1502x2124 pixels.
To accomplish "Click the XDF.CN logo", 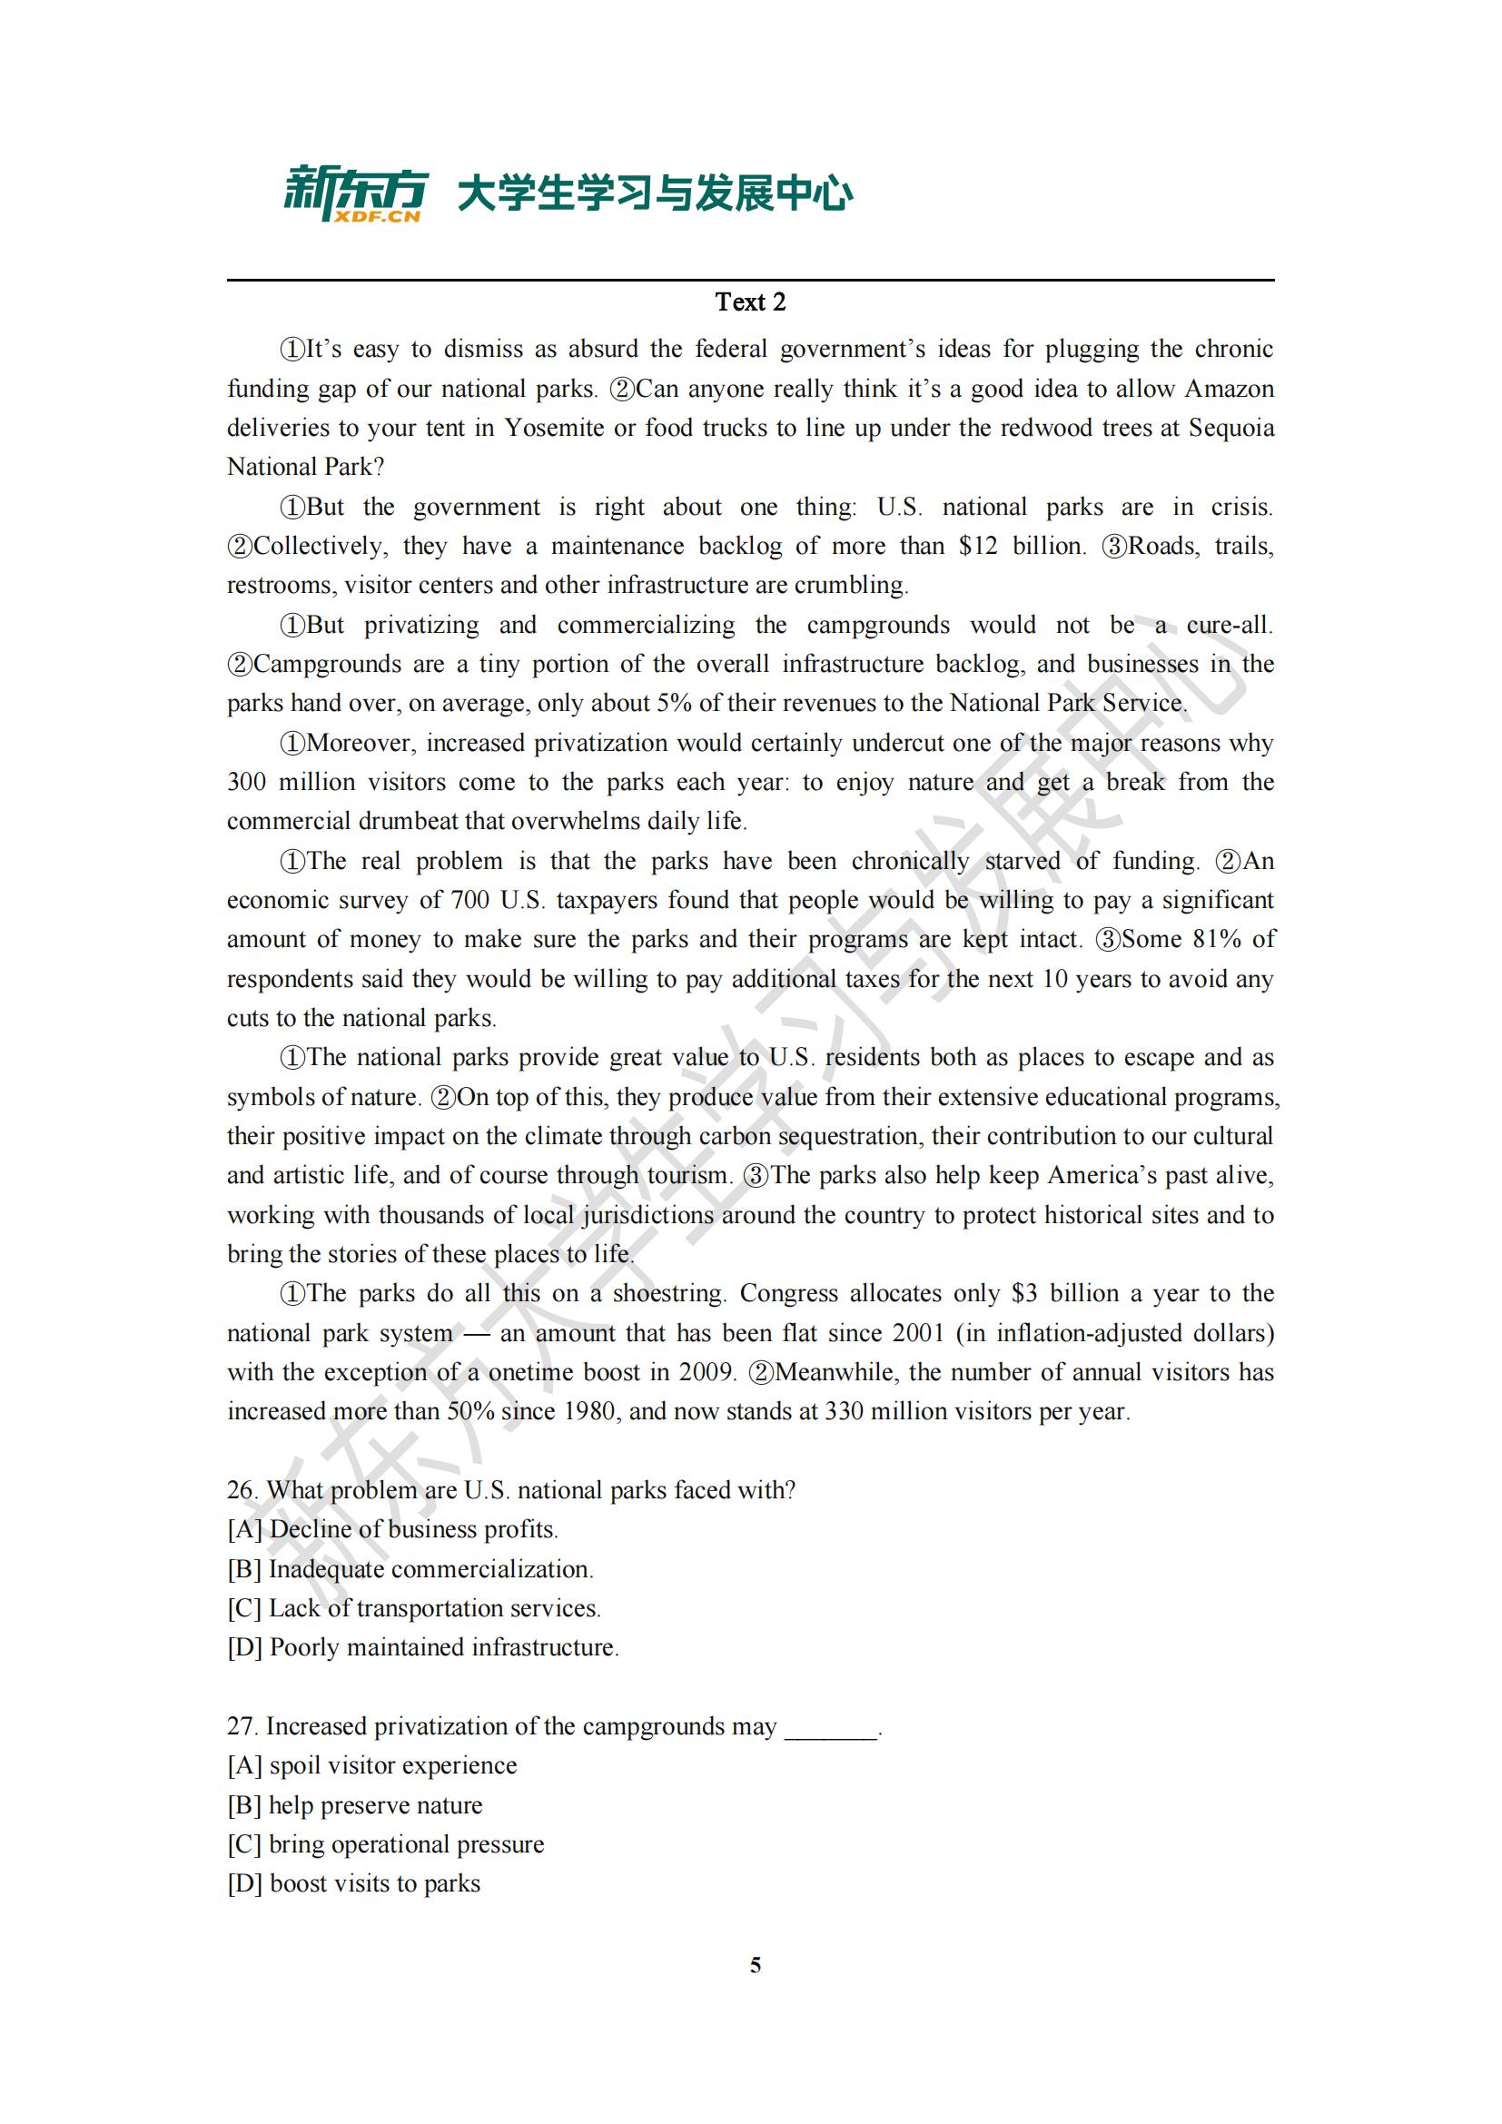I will pos(355,194).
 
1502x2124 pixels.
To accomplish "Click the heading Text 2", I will pos(750,301).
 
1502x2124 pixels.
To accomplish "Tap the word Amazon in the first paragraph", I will pos(1230,389).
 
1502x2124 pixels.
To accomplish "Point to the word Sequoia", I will pos(1231,429).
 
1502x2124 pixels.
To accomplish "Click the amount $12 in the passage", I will pos(978,546).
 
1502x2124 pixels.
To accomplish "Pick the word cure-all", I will pos(1230,626).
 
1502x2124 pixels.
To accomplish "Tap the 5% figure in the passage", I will pos(673,704).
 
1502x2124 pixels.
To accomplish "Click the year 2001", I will pos(918,1333).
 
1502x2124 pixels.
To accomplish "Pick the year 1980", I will pos(588,1412).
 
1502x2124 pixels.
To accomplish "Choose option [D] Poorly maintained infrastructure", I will pos(422,1647).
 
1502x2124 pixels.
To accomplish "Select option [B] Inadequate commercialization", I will pos(410,1569).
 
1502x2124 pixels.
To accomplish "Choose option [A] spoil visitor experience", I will pos(371,1766).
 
